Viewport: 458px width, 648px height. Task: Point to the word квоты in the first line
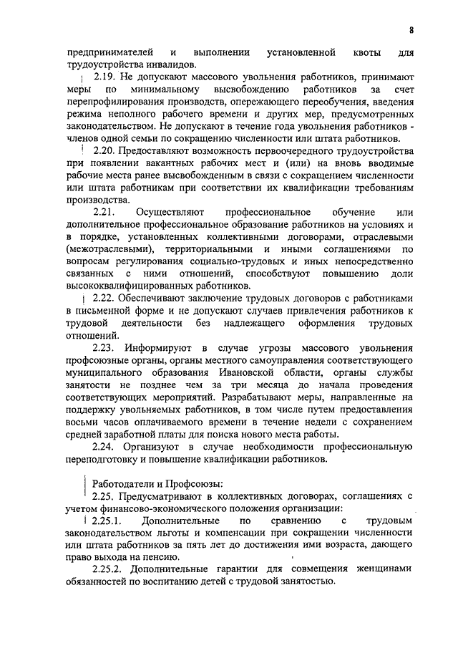(x=363, y=52)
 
